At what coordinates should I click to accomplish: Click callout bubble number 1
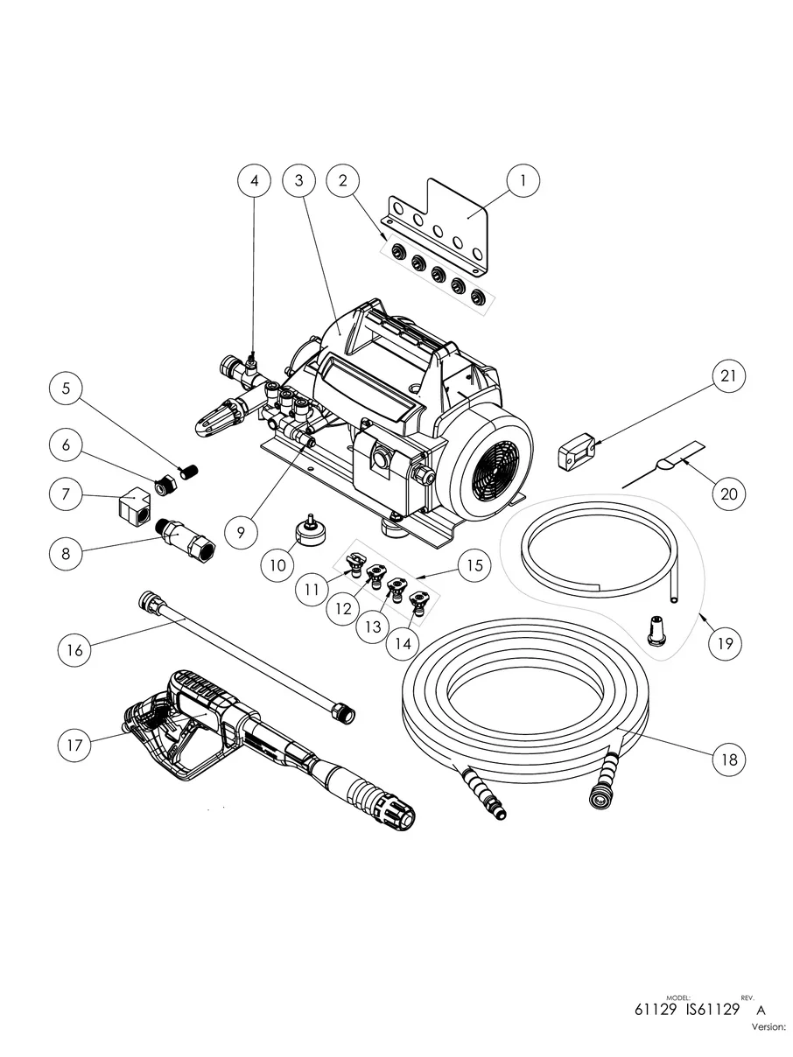pyautogui.click(x=523, y=181)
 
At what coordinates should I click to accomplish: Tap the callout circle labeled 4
pyautogui.click(x=255, y=181)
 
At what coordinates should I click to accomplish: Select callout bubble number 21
pyautogui.click(x=729, y=379)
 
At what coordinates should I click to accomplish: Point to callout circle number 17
pyautogui.click(x=74, y=745)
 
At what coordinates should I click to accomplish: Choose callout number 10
pyautogui.click(x=277, y=565)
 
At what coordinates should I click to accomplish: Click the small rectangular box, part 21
pyautogui.click(x=576, y=453)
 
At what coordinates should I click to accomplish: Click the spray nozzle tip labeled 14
pyautogui.click(x=421, y=602)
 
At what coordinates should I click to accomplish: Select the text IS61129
pyautogui.click(x=712, y=1009)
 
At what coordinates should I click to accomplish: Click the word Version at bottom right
pyautogui.click(x=768, y=1027)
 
